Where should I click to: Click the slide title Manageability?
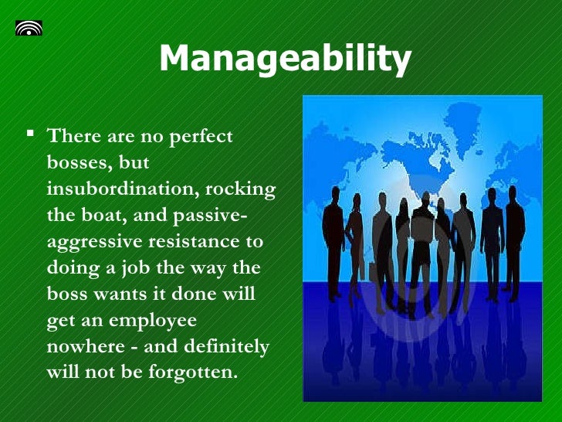(284, 59)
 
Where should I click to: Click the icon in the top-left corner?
(29, 29)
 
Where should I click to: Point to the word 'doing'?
(72, 268)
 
